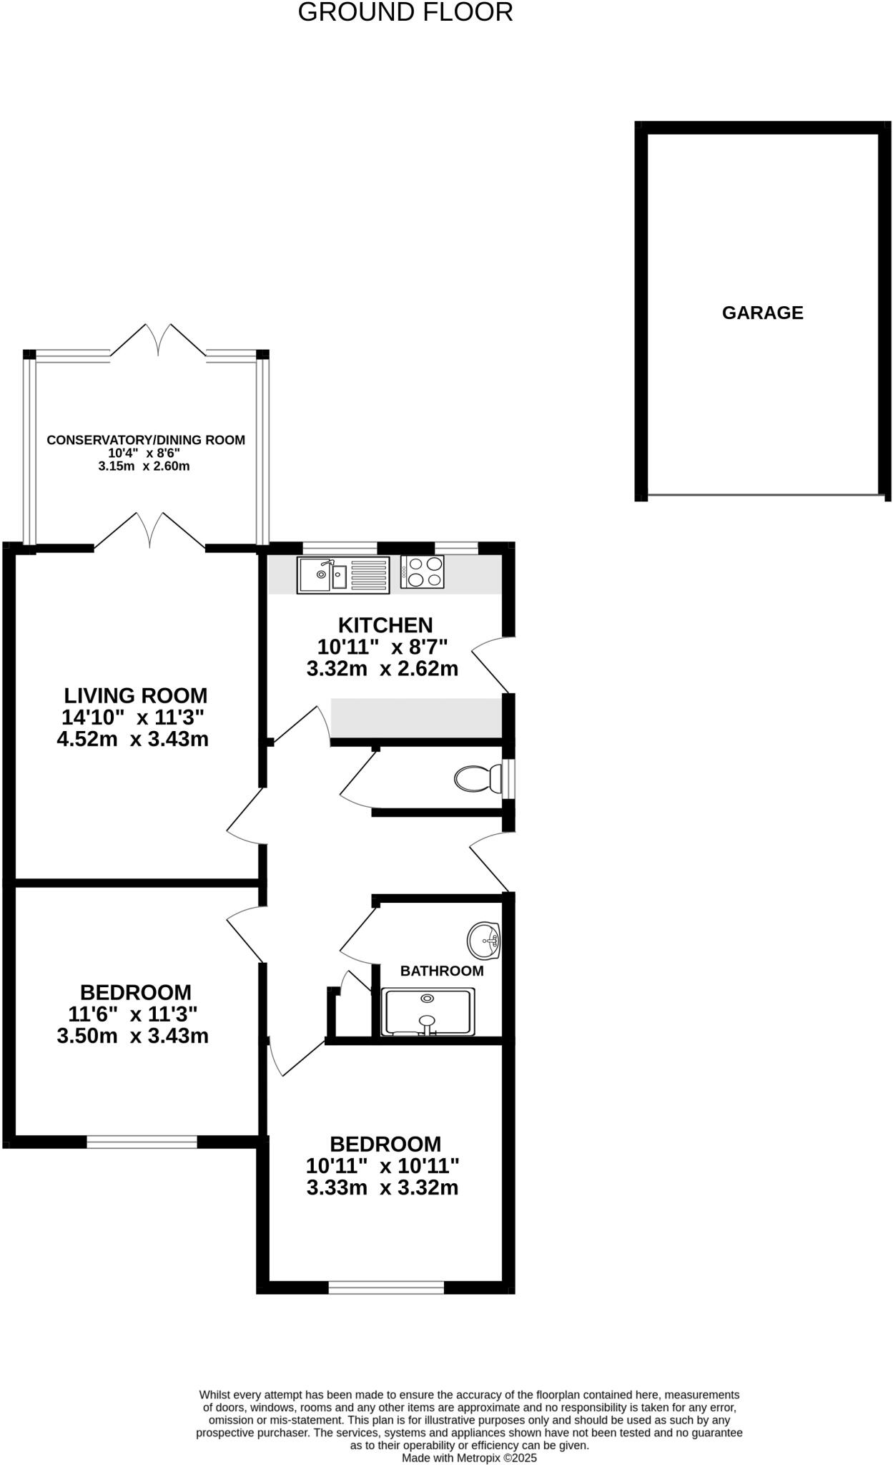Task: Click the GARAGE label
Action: point(762,313)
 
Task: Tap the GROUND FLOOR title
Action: point(405,12)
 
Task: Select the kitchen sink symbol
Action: point(343,574)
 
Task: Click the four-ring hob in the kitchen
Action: point(423,572)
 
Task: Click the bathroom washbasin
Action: point(484,940)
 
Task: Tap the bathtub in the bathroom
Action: point(428,1011)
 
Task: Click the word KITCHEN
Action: point(385,624)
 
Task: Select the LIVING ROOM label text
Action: point(136,695)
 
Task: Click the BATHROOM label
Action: point(442,971)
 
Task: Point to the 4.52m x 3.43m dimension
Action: point(133,739)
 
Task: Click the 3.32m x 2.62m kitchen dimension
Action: point(383,669)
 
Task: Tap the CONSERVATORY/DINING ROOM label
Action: point(146,440)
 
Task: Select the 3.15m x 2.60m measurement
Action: point(144,466)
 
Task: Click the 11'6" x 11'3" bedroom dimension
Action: point(133,1014)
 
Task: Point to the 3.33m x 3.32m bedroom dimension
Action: point(383,1187)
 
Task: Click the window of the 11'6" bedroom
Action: point(142,1142)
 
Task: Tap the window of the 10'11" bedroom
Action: point(386,1288)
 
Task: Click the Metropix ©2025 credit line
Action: point(469,1457)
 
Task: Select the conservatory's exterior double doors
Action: point(159,340)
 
